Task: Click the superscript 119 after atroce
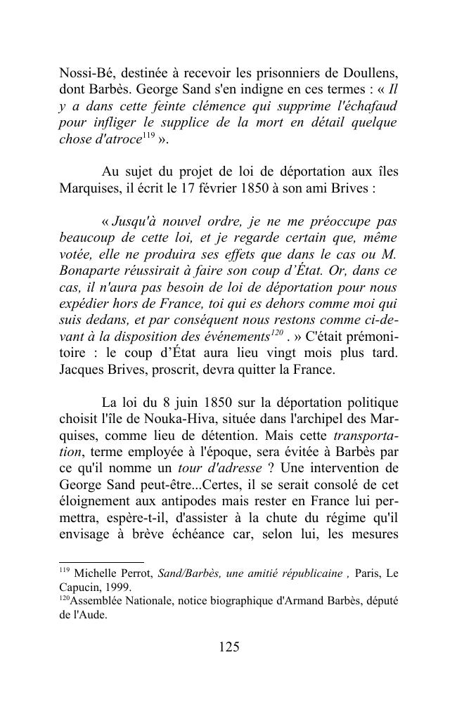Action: point(150,135)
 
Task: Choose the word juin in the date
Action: point(181,403)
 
